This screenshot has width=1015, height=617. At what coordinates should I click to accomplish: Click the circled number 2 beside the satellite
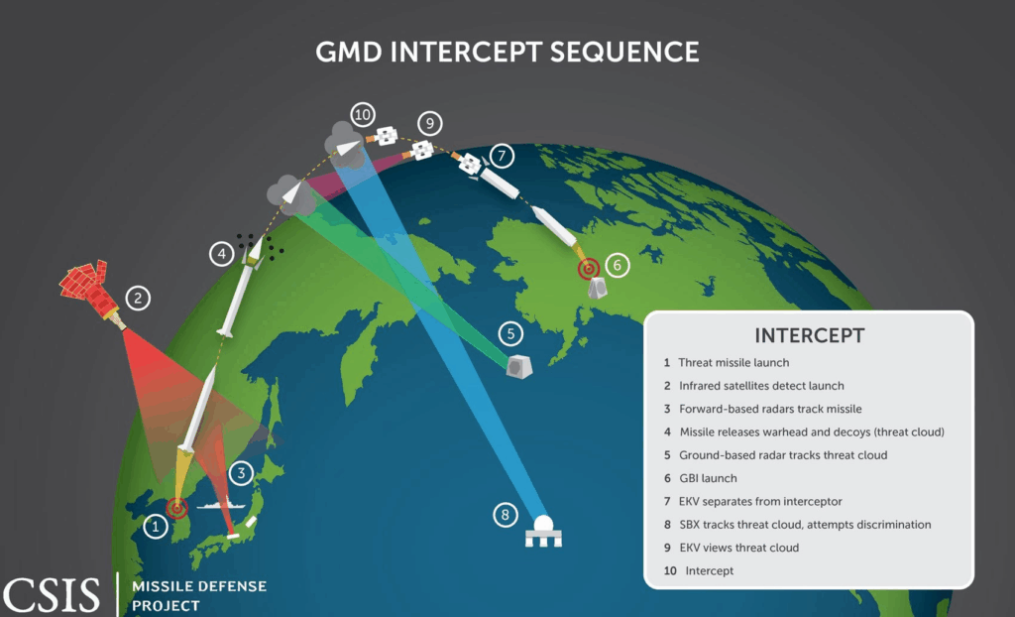click(140, 297)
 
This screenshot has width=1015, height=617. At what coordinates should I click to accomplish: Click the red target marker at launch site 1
click(177, 508)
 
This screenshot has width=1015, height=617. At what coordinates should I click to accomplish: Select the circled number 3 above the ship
click(241, 474)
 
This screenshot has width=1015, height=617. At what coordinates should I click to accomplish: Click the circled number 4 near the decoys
click(222, 254)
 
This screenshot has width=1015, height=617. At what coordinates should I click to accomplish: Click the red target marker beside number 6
click(590, 268)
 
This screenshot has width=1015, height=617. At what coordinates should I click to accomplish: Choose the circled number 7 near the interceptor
click(503, 155)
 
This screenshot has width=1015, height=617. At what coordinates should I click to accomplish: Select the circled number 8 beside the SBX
click(506, 515)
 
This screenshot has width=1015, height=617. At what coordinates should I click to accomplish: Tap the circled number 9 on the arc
click(428, 124)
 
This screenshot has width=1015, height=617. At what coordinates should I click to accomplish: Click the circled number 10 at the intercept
click(362, 114)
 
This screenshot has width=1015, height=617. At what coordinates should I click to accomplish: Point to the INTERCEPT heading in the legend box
click(809, 335)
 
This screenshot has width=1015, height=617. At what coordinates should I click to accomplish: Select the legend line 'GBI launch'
click(708, 478)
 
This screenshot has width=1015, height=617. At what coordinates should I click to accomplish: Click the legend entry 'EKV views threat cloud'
click(738, 548)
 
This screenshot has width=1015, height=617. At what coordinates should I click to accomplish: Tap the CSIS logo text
click(53, 593)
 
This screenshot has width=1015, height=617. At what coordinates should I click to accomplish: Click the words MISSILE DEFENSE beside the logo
click(199, 586)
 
